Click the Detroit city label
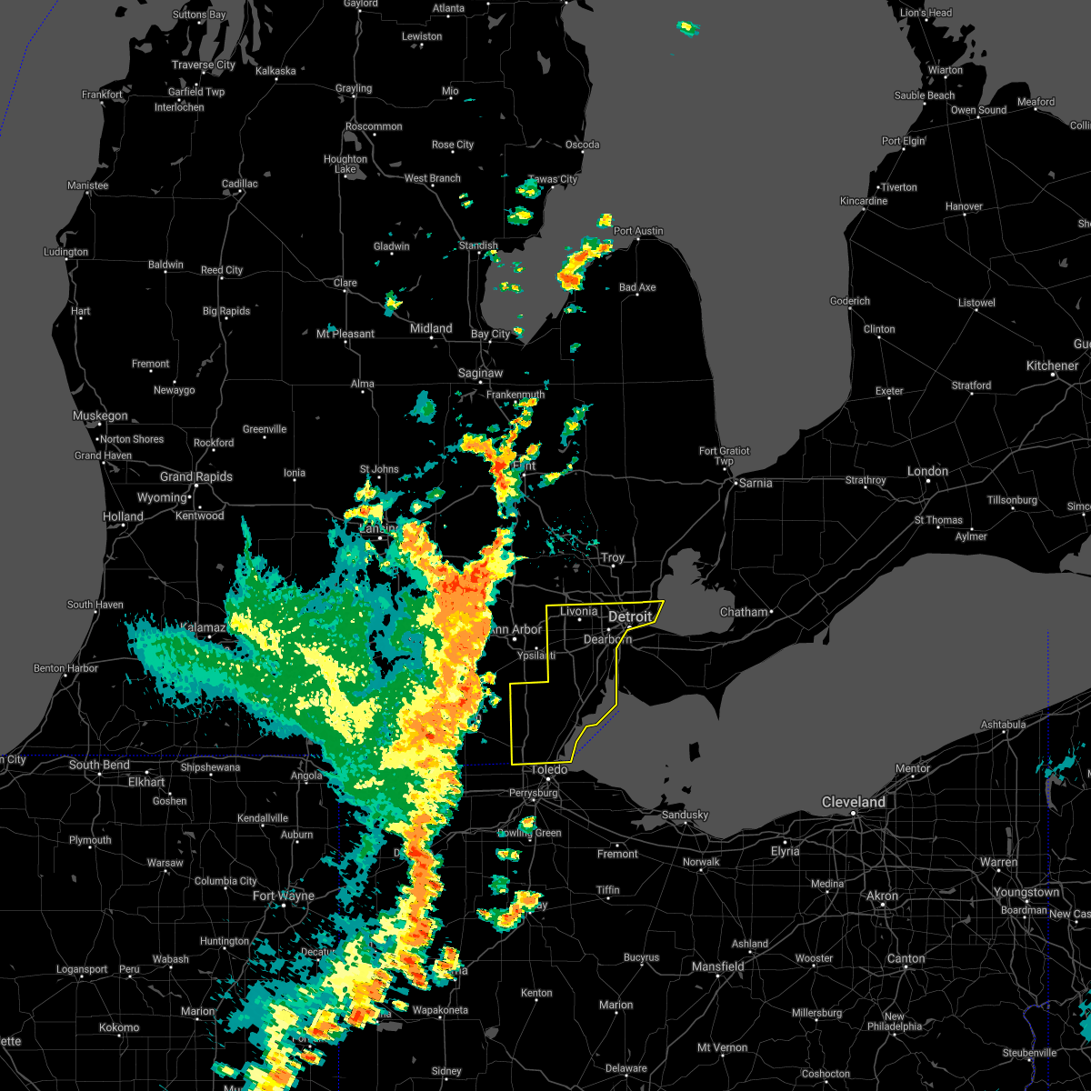point(630,617)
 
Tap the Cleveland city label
point(853,802)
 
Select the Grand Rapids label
point(196,476)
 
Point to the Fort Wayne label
point(283,896)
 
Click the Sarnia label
point(755,483)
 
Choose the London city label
point(927,471)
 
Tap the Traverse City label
point(204,65)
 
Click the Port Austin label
point(638,231)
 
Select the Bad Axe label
point(637,287)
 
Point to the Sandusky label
point(685,815)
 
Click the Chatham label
point(744,612)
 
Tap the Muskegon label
point(100,415)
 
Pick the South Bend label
point(99,765)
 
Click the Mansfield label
point(717,966)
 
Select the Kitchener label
point(1052,365)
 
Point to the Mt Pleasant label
point(345,334)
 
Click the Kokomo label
point(119,1027)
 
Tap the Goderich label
point(850,301)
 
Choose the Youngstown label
point(1026,892)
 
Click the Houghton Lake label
point(345,164)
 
